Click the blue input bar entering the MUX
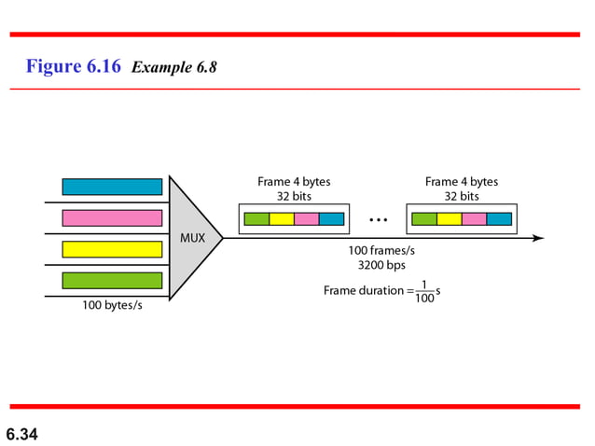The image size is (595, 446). click(x=112, y=187)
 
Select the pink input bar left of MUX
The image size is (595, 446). click(x=112, y=217)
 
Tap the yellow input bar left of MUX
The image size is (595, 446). click(x=112, y=249)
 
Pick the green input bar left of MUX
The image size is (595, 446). click(x=112, y=280)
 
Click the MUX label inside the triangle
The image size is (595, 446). click(x=192, y=238)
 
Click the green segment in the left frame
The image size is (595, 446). click(x=256, y=219)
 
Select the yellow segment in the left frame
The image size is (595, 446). click(x=282, y=219)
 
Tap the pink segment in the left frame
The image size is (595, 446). click(x=307, y=219)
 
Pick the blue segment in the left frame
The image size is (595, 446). click(x=331, y=219)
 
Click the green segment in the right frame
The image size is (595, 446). click(x=424, y=219)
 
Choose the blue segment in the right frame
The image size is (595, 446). click(x=499, y=219)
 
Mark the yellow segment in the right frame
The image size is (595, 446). click(x=450, y=219)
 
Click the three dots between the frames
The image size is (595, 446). click(x=378, y=220)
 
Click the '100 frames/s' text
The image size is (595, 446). click(x=381, y=250)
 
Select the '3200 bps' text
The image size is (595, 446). click(x=381, y=265)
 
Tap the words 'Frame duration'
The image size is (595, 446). click(x=364, y=291)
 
